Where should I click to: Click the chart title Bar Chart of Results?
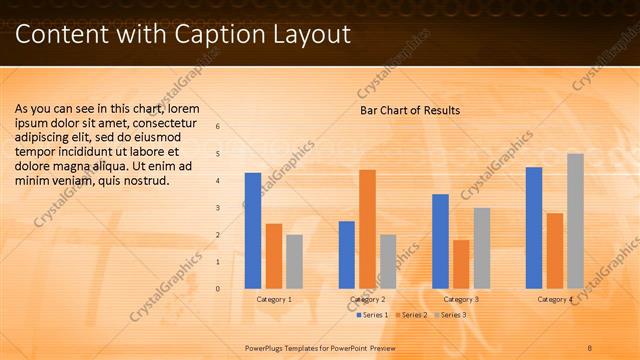(410, 110)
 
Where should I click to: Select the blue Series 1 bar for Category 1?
(253, 231)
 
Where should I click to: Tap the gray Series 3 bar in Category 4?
(575, 221)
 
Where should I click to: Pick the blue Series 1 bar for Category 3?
(440, 241)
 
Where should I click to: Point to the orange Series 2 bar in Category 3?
(461, 264)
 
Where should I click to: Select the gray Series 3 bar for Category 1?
(294, 261)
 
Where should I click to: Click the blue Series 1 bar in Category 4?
(534, 228)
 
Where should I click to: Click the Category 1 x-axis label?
(274, 299)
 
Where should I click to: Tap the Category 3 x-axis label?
(461, 299)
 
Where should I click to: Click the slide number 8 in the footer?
(590, 347)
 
